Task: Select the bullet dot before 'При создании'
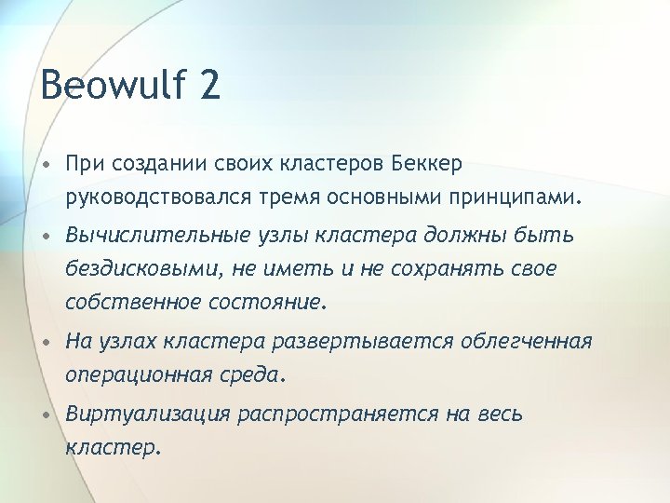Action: click(45, 165)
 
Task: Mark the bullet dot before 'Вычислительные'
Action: click(45, 237)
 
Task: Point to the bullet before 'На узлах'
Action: click(45, 342)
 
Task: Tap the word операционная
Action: click(145, 375)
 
